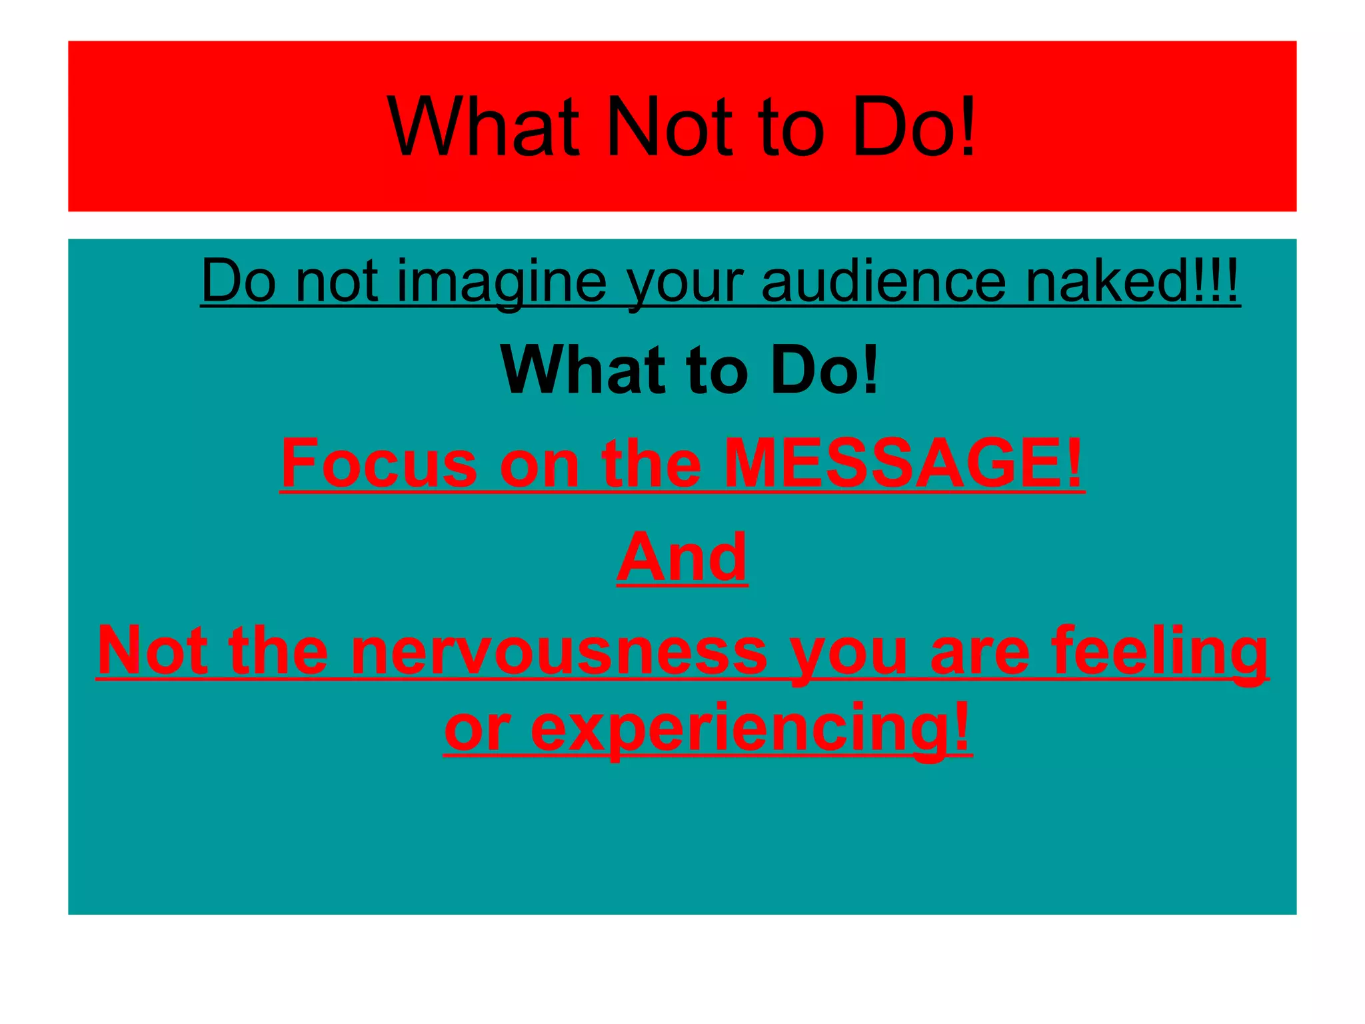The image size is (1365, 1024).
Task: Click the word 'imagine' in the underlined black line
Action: coord(501,281)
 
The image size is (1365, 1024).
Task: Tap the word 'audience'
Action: coord(883,281)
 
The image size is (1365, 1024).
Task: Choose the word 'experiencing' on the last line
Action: coord(750,728)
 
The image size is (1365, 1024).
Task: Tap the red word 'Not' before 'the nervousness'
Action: coord(152,652)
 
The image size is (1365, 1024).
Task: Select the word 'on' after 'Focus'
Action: coord(539,465)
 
